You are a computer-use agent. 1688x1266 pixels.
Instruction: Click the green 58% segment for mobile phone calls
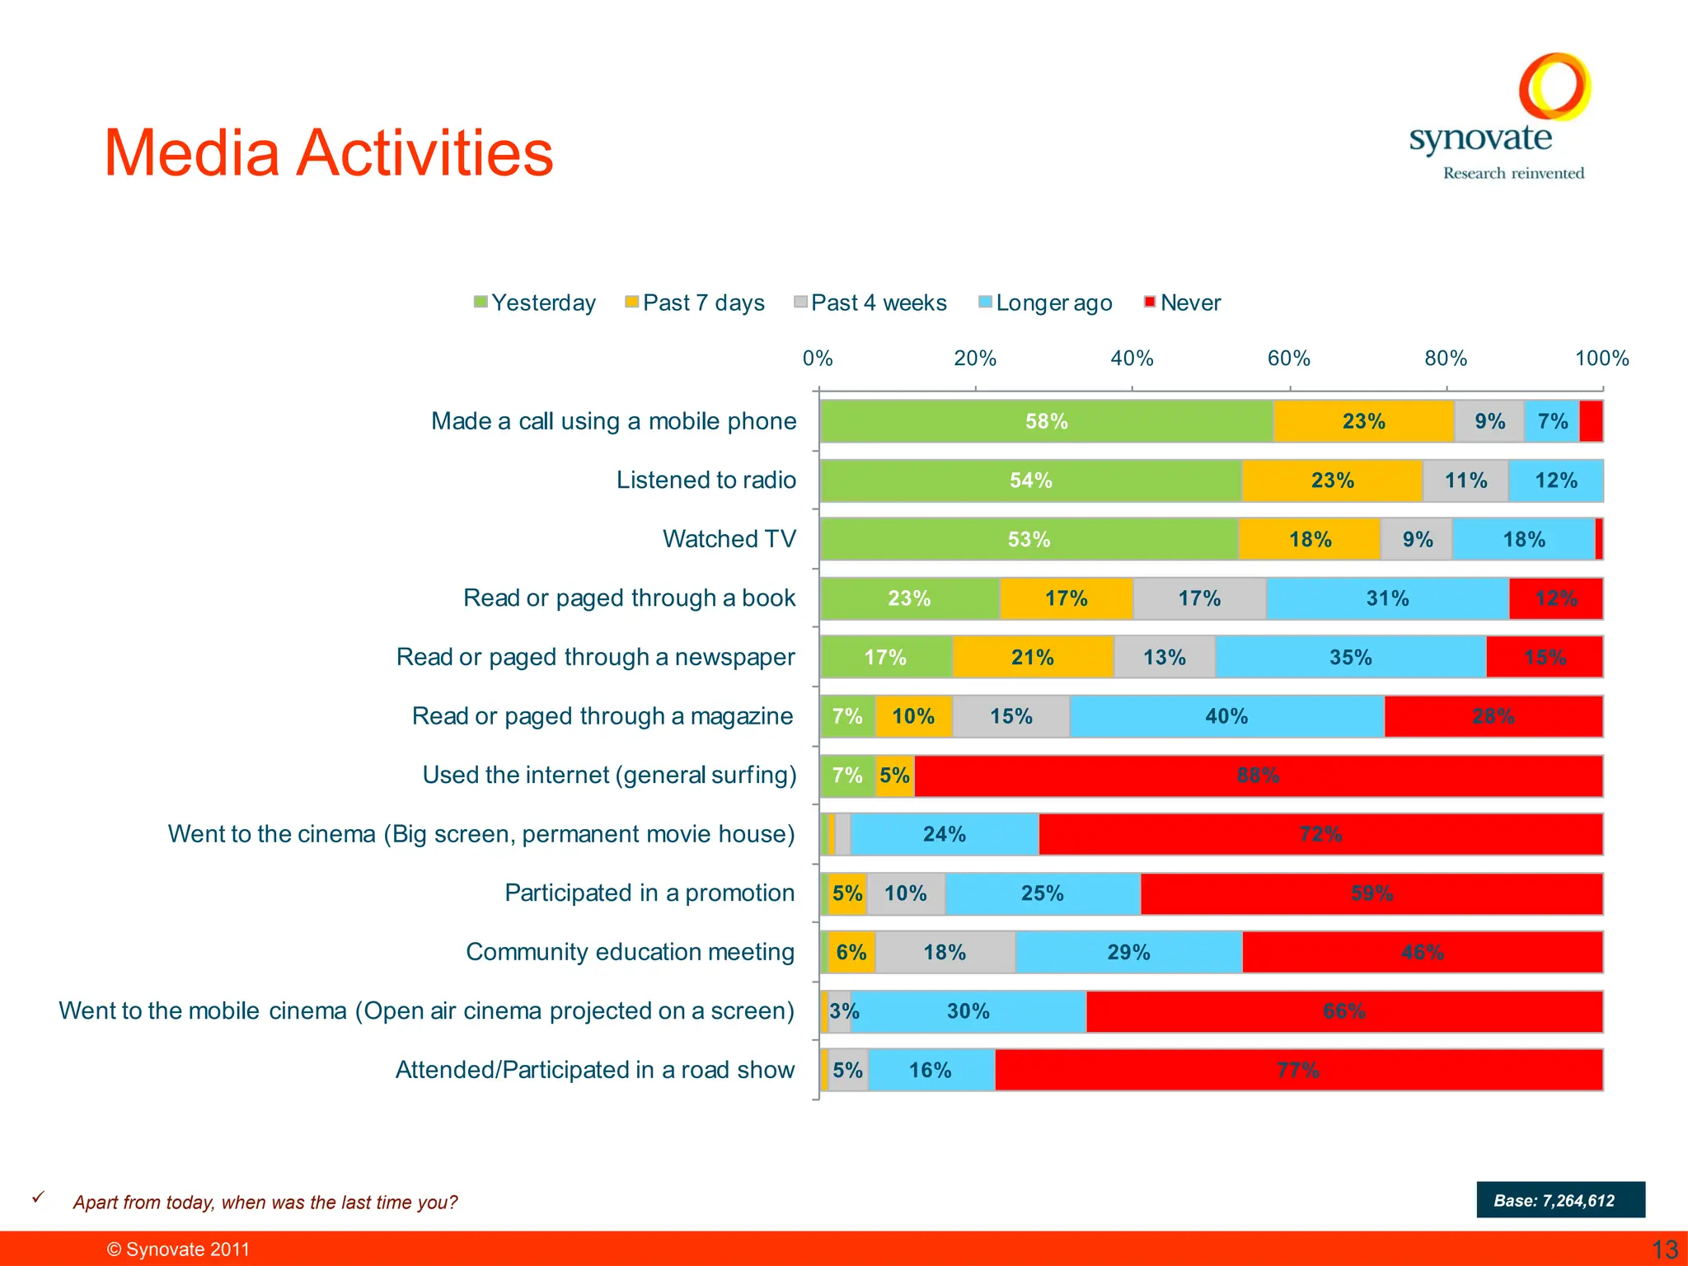pyautogui.click(x=1047, y=421)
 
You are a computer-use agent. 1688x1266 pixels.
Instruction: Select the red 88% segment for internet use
pyautogui.click(x=1259, y=776)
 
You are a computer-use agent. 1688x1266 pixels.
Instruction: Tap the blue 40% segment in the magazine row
pyautogui.click(x=1226, y=716)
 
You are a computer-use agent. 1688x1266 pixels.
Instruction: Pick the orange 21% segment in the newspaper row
pyautogui.click(x=1033, y=658)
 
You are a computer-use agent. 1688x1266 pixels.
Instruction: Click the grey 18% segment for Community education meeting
pyautogui.click(x=945, y=953)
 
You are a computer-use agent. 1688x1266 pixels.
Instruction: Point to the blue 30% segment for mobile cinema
pyautogui.click(x=968, y=1011)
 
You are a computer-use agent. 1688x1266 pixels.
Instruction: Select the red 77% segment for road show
pyautogui.click(x=1298, y=1071)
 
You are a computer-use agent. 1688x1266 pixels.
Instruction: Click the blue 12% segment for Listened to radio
pyautogui.click(x=1556, y=481)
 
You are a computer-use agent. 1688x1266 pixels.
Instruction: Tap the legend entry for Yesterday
pyautogui.click(x=535, y=302)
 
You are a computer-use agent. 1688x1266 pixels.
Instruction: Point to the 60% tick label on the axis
pyautogui.click(x=1288, y=359)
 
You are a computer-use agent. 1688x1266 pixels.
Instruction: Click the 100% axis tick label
pyautogui.click(x=1601, y=359)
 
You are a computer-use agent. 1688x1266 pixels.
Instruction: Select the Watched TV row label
pyautogui.click(x=729, y=539)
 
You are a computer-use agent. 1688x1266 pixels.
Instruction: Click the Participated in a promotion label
pyautogui.click(x=649, y=893)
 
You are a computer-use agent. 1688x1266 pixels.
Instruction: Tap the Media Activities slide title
pyautogui.click(x=328, y=153)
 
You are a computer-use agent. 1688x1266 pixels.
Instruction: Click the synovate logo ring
pyautogui.click(x=1554, y=86)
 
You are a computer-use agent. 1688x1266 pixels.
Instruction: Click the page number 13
pyautogui.click(x=1665, y=1250)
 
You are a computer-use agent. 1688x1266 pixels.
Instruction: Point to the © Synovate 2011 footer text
pyautogui.click(x=178, y=1250)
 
